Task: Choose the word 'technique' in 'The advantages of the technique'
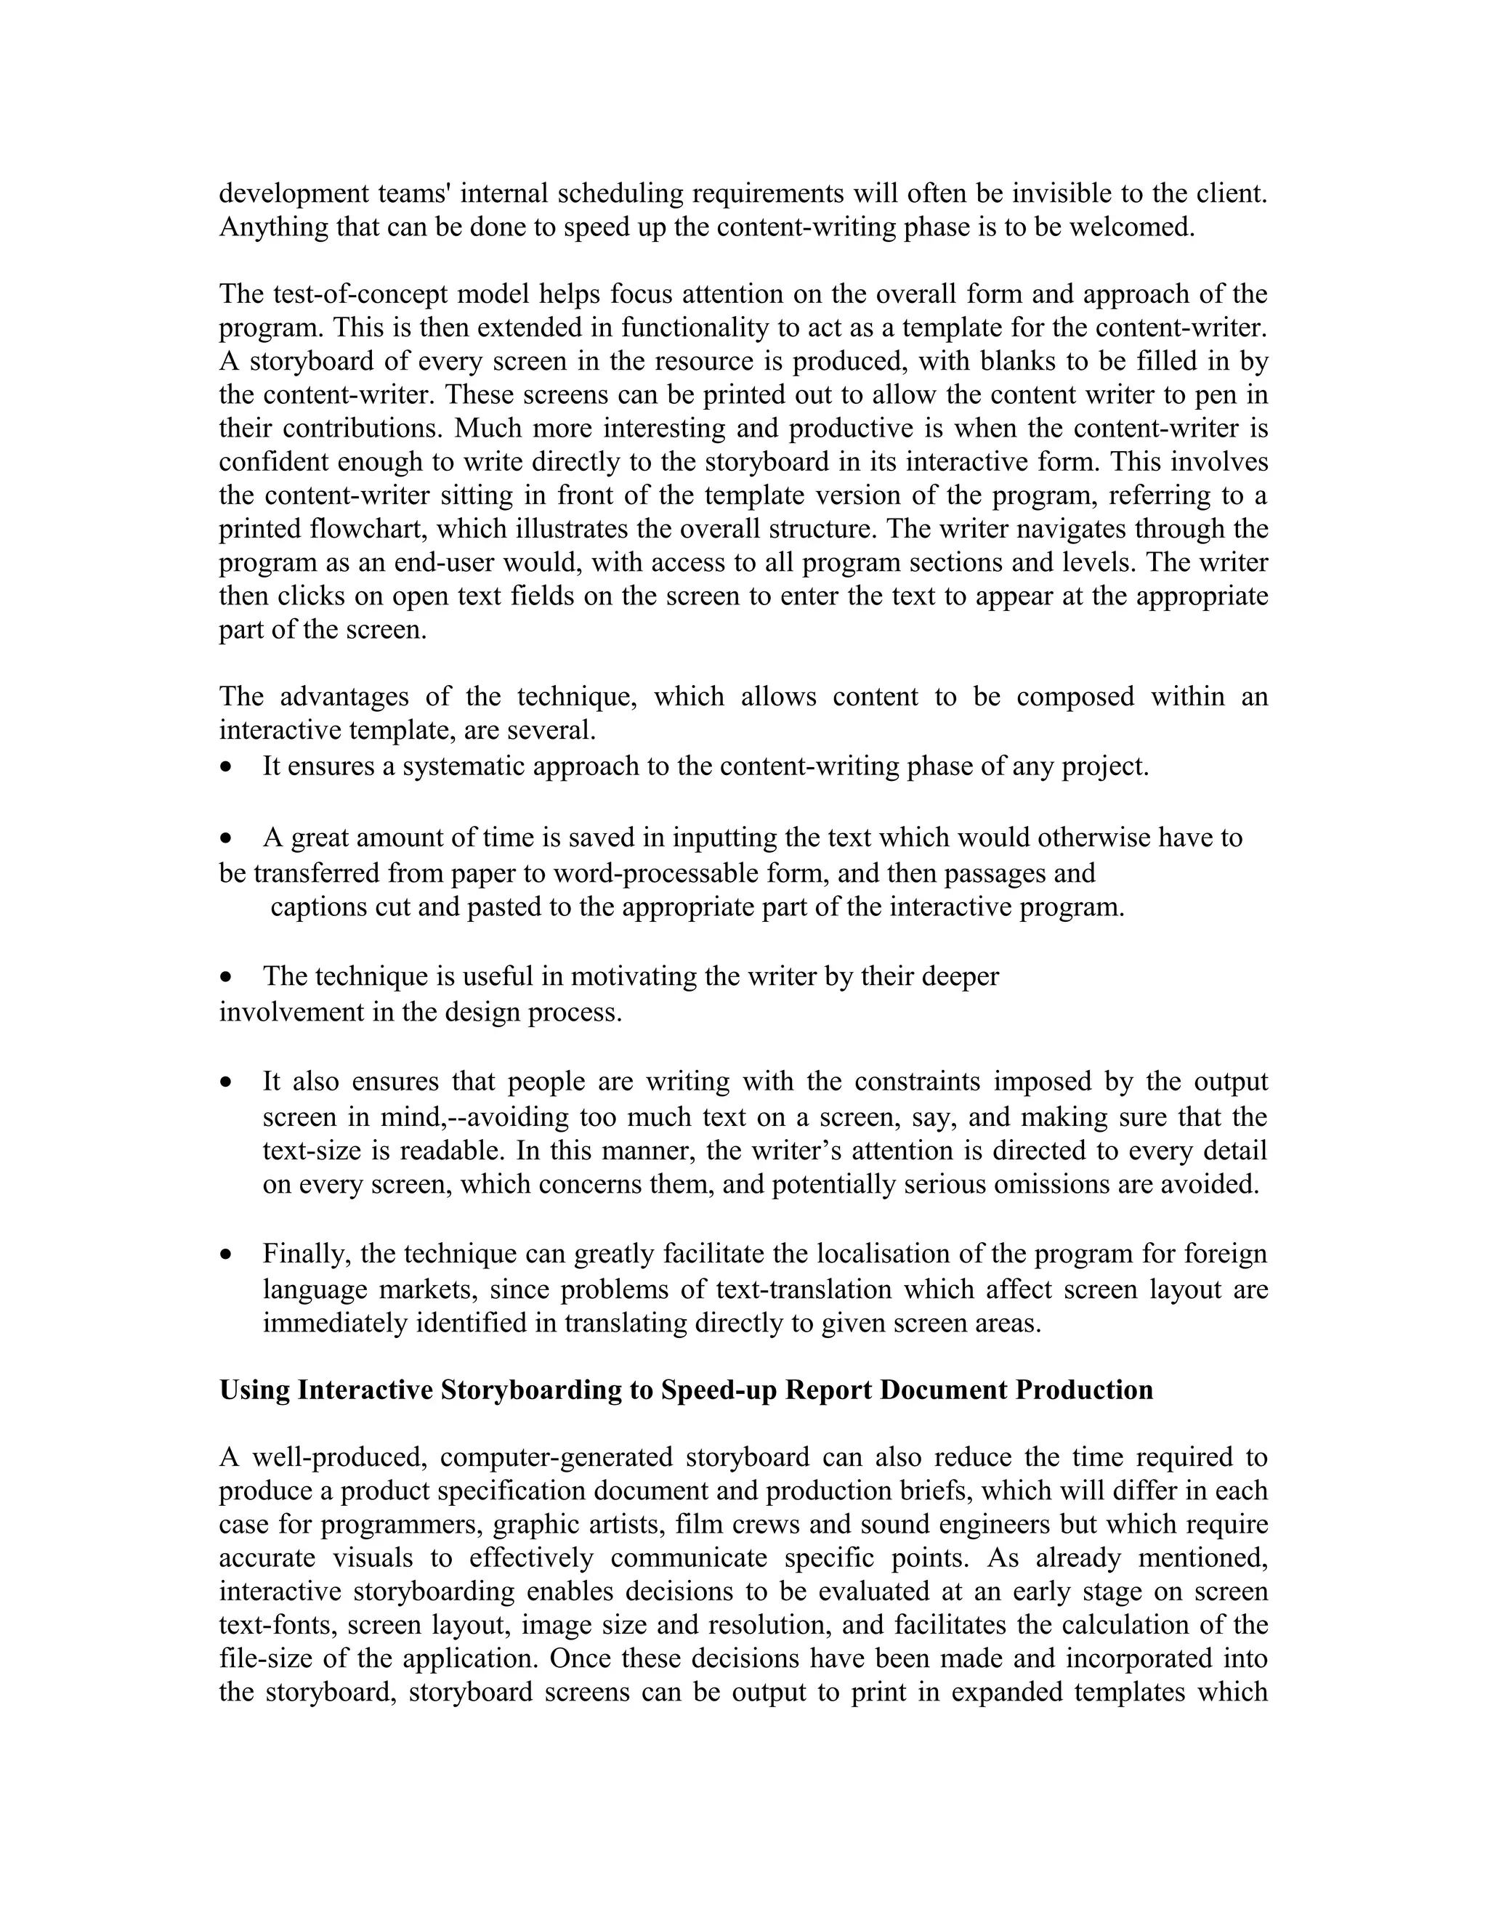[x=576, y=697]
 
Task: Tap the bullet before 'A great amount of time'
[x=227, y=838]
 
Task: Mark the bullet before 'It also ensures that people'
[x=227, y=1082]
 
